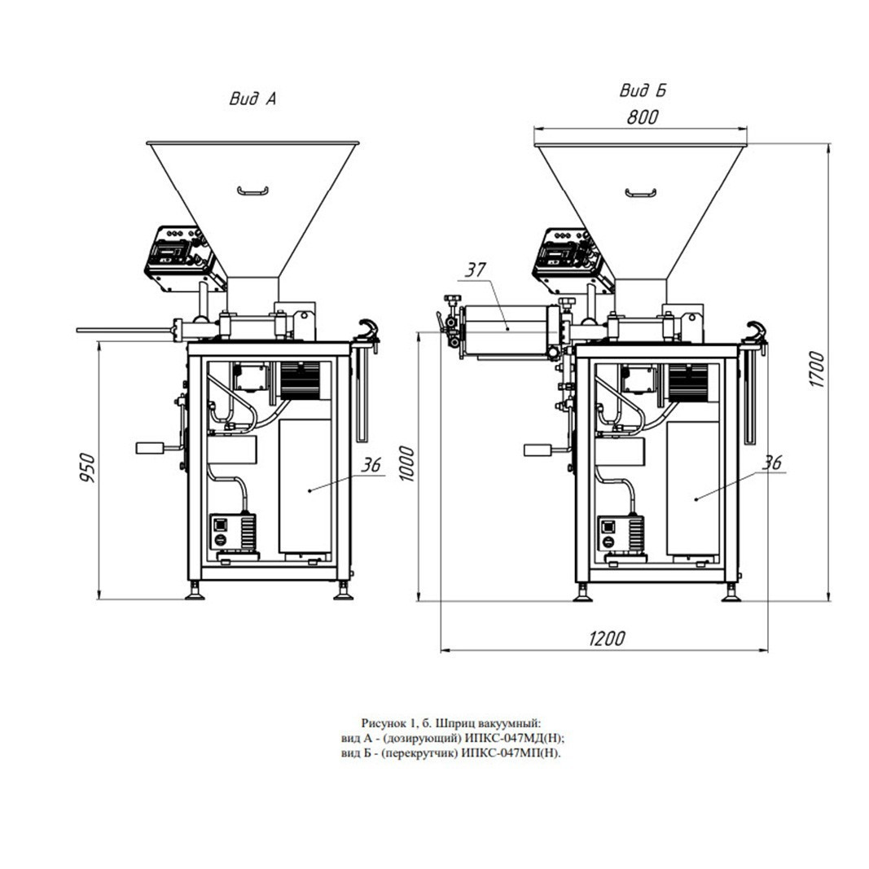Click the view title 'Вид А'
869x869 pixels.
(x=252, y=99)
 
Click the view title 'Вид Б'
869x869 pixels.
(x=643, y=90)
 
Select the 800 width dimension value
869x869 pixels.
(x=643, y=117)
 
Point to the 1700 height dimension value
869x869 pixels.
(x=816, y=369)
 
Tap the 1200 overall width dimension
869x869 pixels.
(x=606, y=639)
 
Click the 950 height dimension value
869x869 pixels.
(x=88, y=467)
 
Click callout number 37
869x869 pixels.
(x=475, y=270)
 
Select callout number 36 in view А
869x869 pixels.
(x=371, y=465)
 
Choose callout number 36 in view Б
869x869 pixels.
(x=772, y=463)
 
